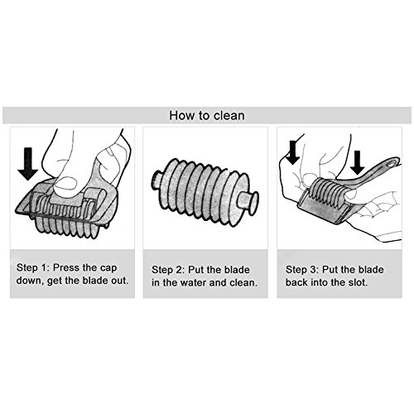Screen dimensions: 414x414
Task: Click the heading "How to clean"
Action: (x=207, y=115)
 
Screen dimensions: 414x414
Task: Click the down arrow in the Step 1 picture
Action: (x=28, y=164)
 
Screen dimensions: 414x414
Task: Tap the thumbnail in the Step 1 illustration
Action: (x=65, y=183)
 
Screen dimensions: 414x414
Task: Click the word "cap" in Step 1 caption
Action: (x=108, y=267)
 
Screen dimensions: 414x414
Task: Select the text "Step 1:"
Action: (x=32, y=267)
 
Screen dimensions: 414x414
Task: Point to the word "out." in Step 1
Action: (x=120, y=281)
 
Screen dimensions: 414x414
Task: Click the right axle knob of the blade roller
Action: (x=249, y=201)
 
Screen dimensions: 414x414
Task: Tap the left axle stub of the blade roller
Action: (x=157, y=179)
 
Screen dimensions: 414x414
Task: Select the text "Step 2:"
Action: (x=167, y=270)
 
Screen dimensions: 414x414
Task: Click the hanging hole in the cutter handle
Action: (x=391, y=164)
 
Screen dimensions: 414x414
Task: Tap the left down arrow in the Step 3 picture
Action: (x=293, y=152)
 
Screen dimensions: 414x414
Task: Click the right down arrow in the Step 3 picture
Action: (x=358, y=162)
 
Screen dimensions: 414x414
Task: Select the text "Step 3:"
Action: (x=301, y=269)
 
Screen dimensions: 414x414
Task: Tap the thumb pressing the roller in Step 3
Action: (x=352, y=194)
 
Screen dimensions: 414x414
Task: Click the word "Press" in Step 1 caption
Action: (x=65, y=267)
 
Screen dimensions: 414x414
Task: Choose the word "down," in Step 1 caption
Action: (x=30, y=281)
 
